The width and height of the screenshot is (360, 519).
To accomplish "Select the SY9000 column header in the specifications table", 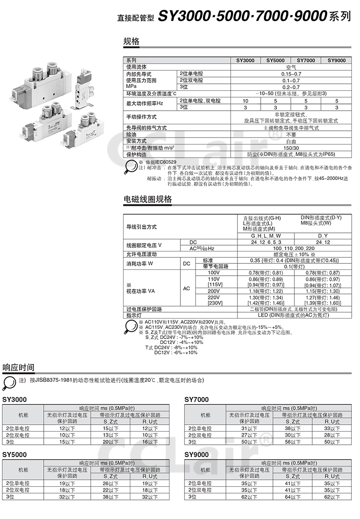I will coord(336,60).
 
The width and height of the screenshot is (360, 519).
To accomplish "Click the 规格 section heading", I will coord(131,41).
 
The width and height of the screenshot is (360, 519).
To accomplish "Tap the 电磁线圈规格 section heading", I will coord(148,199).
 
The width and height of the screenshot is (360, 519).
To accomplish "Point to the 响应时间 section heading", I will coord(18,367).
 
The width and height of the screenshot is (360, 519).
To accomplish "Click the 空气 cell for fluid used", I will coord(291,67).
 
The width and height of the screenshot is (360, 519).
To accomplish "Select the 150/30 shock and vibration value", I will coord(291,148).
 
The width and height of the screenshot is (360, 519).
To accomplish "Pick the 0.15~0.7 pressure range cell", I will coord(291,74).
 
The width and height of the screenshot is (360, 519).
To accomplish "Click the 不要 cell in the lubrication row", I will coord(291,135).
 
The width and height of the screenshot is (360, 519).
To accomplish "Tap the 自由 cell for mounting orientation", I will coord(291,141).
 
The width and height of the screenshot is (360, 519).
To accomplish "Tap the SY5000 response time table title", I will coord(15,454).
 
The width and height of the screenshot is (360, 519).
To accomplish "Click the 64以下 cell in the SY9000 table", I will coord(292,497).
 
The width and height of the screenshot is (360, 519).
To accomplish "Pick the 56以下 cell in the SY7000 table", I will coord(292,442).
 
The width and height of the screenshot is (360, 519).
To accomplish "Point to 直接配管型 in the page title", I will coord(135,18).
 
